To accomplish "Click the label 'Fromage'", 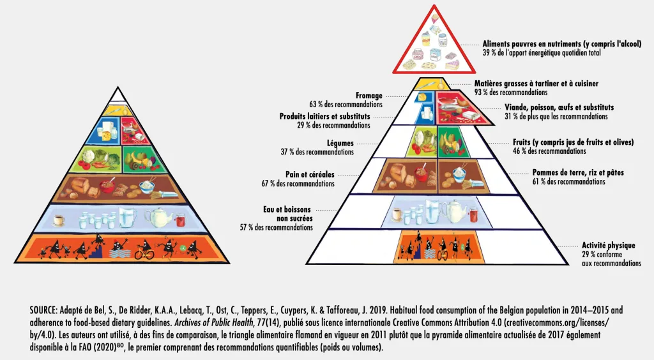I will pyautogui.click(x=369, y=96).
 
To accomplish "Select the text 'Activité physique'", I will pyautogui.click(x=608, y=245).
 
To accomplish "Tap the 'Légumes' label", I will pyautogui.click(x=340, y=144).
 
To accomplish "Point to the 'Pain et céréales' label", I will pyautogui.click(x=310, y=174).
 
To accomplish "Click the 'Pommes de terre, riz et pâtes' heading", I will pyautogui.click(x=578, y=173).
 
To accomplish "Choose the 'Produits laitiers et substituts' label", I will pyautogui.click(x=325, y=117).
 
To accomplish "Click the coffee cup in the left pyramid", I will pyautogui.click(x=57, y=220).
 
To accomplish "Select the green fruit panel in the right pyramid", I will pyautogui.click(x=454, y=142).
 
